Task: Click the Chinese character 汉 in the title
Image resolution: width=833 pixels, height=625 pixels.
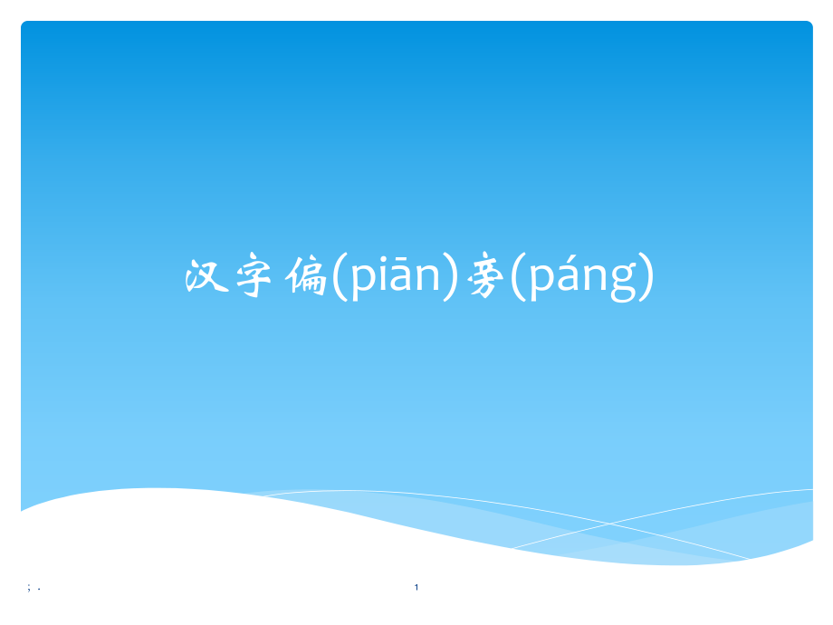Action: tap(205, 278)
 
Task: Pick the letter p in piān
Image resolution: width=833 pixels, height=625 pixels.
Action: tap(356, 281)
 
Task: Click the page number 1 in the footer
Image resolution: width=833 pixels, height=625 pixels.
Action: tap(416, 588)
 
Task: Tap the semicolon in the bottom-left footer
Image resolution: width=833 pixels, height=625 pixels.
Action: tap(30, 588)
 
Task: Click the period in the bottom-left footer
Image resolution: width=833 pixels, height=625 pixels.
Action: tap(39, 590)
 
